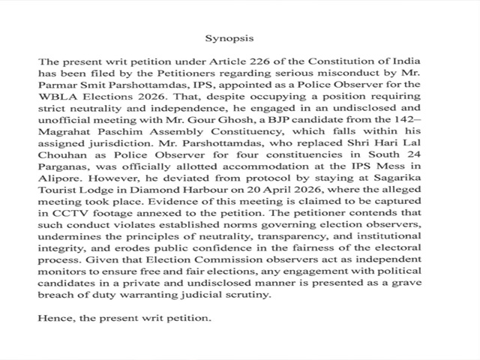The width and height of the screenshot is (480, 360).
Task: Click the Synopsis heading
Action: [x=229, y=37]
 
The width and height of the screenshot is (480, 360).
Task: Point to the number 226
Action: [x=211, y=61]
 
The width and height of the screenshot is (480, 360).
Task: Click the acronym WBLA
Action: [x=55, y=97]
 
